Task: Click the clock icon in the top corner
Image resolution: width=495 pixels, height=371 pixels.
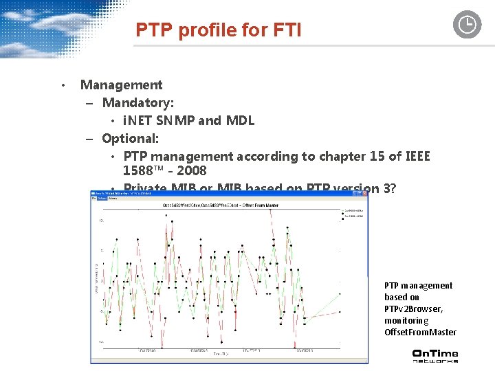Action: pyautogui.click(x=467, y=25)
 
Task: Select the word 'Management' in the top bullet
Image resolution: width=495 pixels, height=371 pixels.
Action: pyautogui.click(x=121, y=85)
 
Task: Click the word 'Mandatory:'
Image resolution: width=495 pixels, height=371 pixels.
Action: pyautogui.click(x=137, y=103)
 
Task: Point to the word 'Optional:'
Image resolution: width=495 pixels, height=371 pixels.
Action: pyautogui.click(x=130, y=139)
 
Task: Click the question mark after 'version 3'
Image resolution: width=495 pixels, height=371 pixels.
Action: pyautogui.click(x=392, y=188)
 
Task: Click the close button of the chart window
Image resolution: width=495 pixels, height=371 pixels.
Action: pyautogui.click(x=364, y=194)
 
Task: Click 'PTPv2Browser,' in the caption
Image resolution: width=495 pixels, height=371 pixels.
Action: pyautogui.click(x=413, y=308)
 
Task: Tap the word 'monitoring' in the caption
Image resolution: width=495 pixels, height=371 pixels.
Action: pyautogui.click(x=406, y=320)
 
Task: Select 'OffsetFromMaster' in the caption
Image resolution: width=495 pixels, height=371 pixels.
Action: pyautogui.click(x=420, y=332)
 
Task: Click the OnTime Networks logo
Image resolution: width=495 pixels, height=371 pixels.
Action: pyautogui.click(x=434, y=356)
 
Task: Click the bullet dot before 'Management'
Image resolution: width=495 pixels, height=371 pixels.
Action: pyautogui.click(x=62, y=86)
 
